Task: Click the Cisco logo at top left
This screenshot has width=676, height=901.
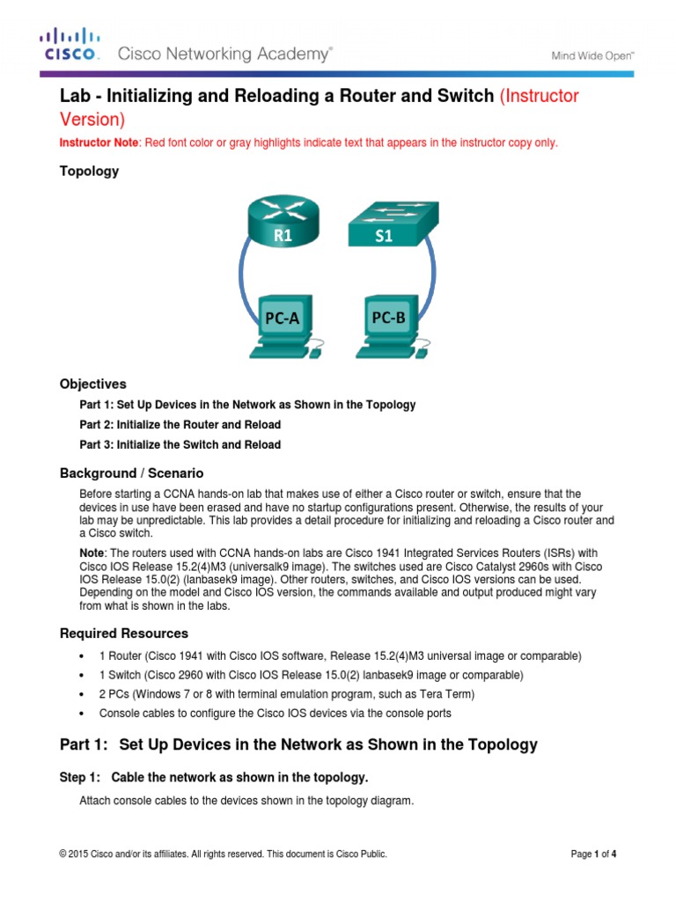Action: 70,45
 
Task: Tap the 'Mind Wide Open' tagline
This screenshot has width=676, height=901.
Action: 592,55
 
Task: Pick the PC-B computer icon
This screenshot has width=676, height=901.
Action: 390,323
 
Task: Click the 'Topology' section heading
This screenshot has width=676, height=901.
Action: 89,172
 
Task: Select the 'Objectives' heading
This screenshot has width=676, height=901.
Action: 92,385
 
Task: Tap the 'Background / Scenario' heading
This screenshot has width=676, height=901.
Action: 131,473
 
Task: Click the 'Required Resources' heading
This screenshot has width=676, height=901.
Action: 123,634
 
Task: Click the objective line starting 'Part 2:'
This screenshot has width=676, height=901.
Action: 180,425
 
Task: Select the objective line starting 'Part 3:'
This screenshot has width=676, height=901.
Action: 180,445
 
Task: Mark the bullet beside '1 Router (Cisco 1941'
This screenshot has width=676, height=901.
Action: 81,656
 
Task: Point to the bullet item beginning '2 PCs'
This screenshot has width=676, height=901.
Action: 264,694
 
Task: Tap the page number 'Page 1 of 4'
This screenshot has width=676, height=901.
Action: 594,853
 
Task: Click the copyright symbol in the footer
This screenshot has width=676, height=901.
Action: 63,853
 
